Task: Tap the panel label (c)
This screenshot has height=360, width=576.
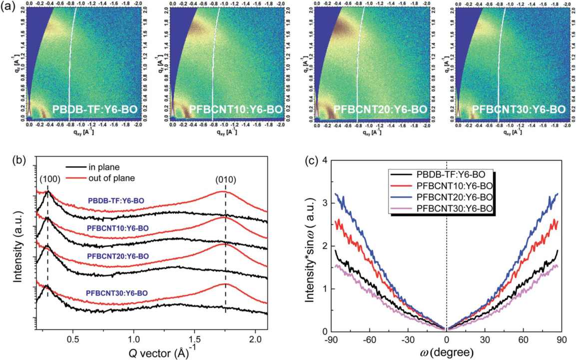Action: pos(313,161)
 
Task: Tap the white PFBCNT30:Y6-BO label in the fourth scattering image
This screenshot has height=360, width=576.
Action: pos(519,109)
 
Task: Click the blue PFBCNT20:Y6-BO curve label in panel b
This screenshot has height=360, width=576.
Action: pos(117,256)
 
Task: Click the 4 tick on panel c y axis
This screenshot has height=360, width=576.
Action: pos(324,160)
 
